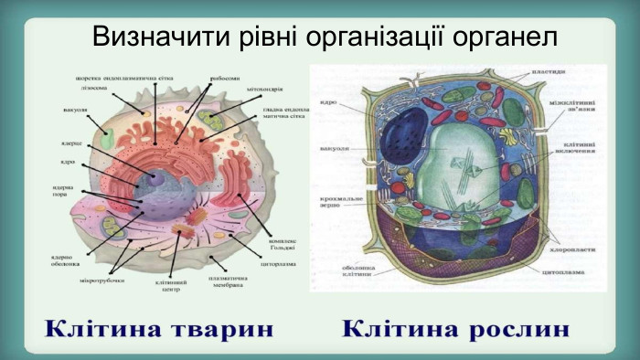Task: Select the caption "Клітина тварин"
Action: pyautogui.click(x=161, y=327)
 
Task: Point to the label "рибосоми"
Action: pyautogui.click(x=223, y=79)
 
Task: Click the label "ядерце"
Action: pyautogui.click(x=72, y=143)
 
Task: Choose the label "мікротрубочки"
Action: pyautogui.click(x=101, y=280)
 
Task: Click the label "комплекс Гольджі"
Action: pyautogui.click(x=282, y=245)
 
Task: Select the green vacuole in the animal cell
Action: pyautogui.click(x=108, y=139)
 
